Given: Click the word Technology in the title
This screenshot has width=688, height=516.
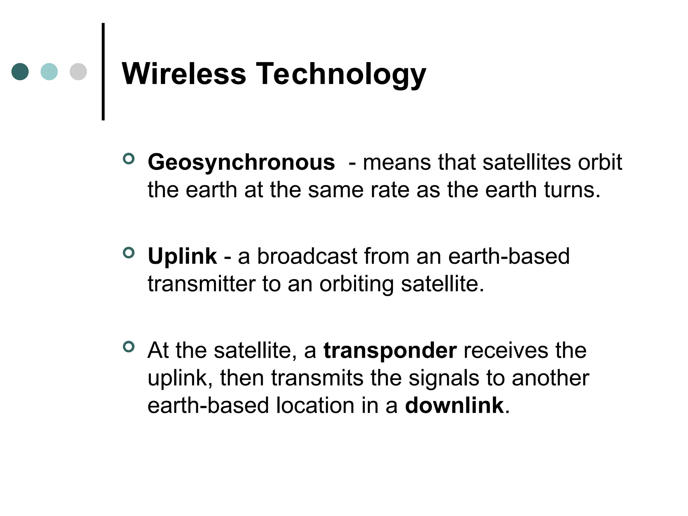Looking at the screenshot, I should coord(341,75).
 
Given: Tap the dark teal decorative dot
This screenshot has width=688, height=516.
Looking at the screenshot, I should coord(20,72).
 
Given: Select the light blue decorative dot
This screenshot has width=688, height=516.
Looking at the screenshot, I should coord(49,72).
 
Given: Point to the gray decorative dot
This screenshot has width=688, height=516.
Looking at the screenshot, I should coord(78,72).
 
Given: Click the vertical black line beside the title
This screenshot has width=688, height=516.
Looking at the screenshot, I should coord(103,71).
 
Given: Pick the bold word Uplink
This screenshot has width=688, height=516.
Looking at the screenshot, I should coord(182,257).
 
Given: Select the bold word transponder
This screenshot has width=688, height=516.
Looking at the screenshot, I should coord(390,351).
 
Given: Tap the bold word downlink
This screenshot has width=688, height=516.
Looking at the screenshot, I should coord(454,405).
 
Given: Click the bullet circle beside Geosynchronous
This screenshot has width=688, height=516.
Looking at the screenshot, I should coord(129,159).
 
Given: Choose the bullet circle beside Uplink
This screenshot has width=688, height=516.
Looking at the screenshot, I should coord(129,253).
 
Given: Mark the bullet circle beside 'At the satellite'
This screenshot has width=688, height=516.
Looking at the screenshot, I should coord(129,346).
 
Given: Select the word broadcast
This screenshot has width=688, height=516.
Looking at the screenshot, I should coord(307,257).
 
